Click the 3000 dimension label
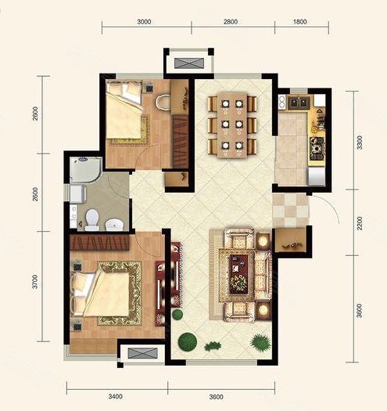point(144,22)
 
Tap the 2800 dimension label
point(231,22)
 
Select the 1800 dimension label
point(299,22)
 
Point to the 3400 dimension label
point(116,397)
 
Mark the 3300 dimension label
point(360,142)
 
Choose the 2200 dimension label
point(360,223)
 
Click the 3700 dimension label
point(35,282)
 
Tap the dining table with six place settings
point(232,125)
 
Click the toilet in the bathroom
point(92,220)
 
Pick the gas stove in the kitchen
point(317,149)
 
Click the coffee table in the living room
point(238,274)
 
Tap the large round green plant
point(188,341)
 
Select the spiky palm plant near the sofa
point(260,342)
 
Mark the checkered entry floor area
point(291,211)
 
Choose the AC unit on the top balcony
point(189,63)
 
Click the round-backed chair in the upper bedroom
point(163,103)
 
